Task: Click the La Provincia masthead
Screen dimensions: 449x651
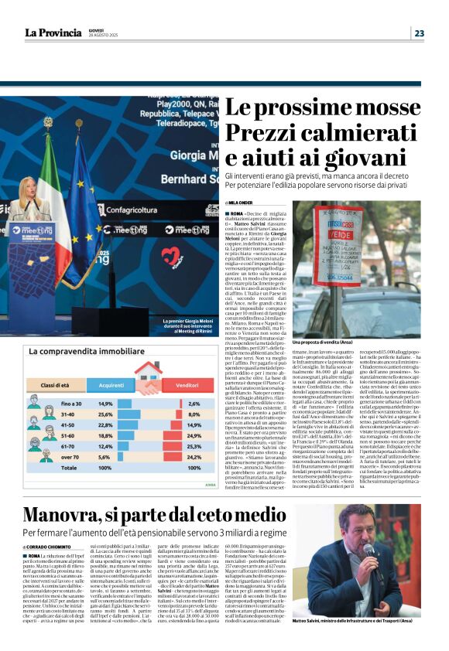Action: click(x=53, y=32)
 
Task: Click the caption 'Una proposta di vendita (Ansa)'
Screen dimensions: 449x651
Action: click(x=320, y=341)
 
